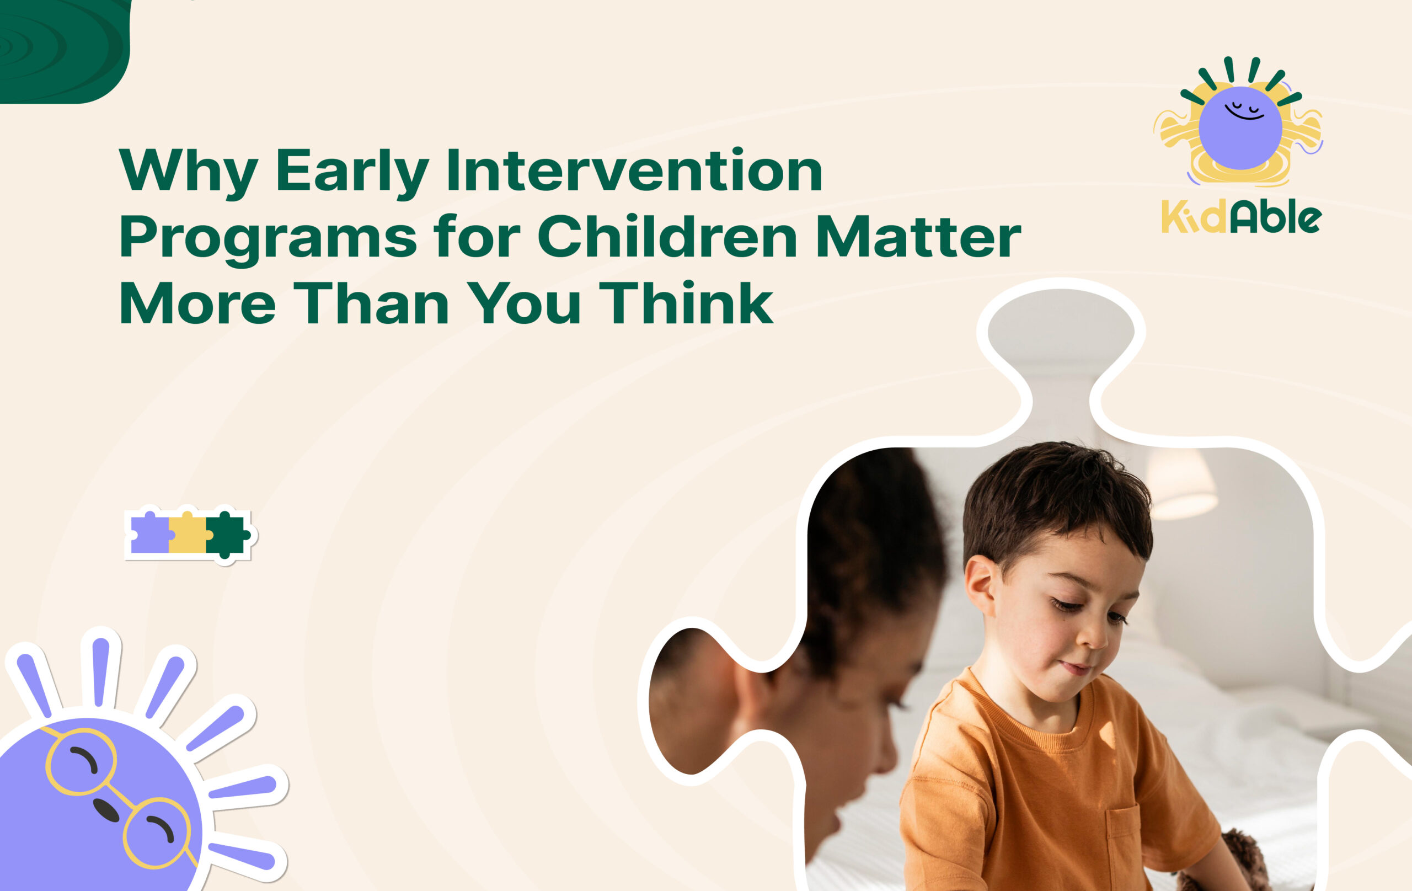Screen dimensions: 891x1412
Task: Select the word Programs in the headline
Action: point(268,238)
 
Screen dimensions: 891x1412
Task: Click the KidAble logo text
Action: point(1241,217)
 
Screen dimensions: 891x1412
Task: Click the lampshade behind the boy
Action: point(1180,484)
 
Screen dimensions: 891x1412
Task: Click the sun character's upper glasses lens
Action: point(81,761)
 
